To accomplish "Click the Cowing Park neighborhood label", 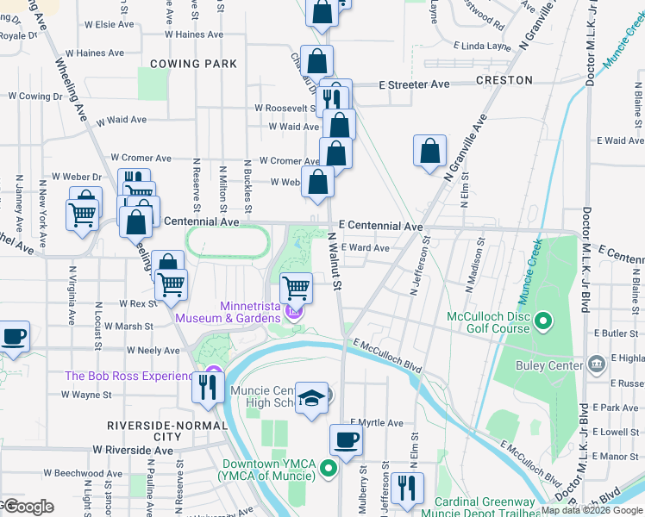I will click(193, 64).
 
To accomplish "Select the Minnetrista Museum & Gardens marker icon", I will click(294, 312).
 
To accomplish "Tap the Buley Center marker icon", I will click(594, 365).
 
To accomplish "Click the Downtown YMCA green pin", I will click(328, 469).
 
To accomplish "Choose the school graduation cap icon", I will click(312, 398).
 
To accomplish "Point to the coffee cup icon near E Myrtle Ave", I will click(346, 439).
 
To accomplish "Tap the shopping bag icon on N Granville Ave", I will click(429, 151).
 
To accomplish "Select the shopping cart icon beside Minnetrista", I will click(296, 286).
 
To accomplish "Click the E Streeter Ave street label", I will click(414, 84).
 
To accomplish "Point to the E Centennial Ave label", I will click(380, 226).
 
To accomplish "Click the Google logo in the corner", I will click(28, 507).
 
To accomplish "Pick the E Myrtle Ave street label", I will click(376, 423).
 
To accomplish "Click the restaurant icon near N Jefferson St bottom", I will click(407, 488).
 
